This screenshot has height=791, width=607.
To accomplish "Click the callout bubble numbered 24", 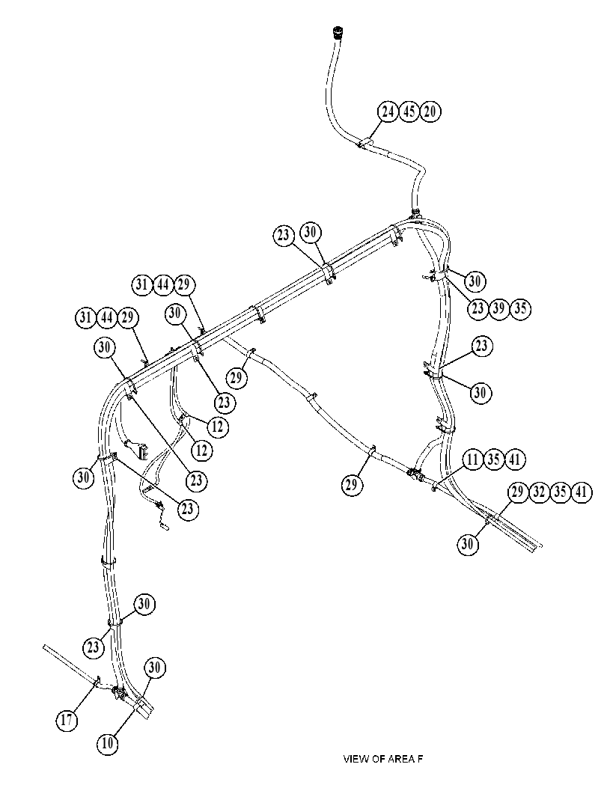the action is click(388, 112).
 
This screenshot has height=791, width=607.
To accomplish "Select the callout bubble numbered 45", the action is click(409, 112).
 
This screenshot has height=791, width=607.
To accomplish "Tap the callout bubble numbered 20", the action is click(430, 112).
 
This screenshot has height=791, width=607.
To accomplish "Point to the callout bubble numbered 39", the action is click(498, 308).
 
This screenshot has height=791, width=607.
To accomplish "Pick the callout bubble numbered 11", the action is click(473, 459).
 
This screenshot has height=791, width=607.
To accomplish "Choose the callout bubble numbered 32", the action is click(539, 492).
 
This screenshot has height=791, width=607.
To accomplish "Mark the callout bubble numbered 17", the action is click(67, 720).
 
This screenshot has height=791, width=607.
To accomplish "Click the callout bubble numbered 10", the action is click(107, 743).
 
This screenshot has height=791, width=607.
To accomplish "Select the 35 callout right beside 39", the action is click(520, 308).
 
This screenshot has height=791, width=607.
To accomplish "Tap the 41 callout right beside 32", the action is click(581, 492).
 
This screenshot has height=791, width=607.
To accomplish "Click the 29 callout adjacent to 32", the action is click(518, 492).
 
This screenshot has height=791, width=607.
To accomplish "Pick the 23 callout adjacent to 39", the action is click(478, 308).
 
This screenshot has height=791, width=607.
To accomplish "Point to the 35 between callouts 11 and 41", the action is click(494, 459).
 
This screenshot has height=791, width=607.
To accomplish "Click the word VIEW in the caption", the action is click(356, 759).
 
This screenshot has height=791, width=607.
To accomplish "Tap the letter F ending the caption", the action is click(419, 759).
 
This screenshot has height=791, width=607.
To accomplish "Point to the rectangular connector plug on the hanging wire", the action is click(139, 448).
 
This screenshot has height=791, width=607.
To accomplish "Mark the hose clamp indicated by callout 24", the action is click(365, 143).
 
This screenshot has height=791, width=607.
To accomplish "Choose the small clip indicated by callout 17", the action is click(97, 682).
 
